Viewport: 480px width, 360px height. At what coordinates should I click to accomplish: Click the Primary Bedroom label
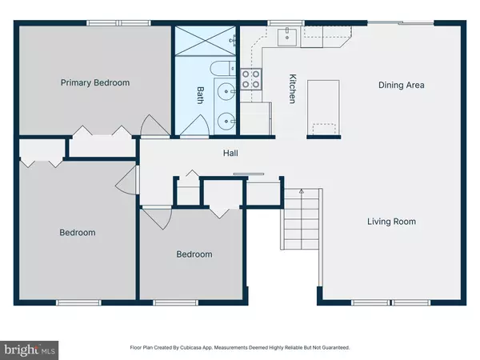click(x=95, y=82)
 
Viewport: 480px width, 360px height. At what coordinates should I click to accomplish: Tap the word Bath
click(x=200, y=96)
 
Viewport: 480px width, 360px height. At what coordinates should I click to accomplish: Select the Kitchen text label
click(x=293, y=88)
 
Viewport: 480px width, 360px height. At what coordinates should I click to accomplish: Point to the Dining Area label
click(x=401, y=85)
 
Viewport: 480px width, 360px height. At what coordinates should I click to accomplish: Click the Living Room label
click(x=391, y=222)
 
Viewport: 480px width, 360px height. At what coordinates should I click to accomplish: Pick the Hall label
click(x=230, y=154)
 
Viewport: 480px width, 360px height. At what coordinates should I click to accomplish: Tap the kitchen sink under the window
click(x=287, y=36)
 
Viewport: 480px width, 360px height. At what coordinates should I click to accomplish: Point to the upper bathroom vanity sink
click(x=226, y=92)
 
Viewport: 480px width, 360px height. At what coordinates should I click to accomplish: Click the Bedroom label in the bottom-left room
click(x=78, y=233)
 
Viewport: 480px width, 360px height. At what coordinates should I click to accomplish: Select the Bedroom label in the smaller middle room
click(x=194, y=254)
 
